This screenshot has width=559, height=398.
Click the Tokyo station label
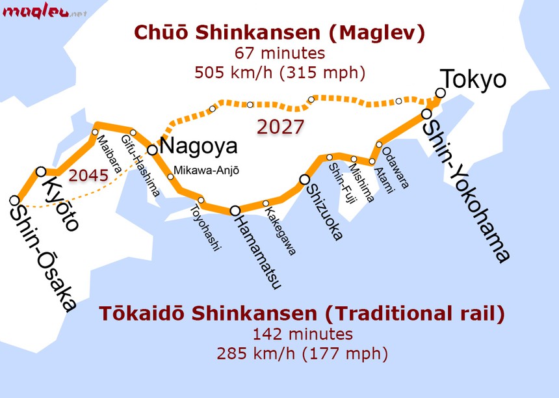coord(474,79)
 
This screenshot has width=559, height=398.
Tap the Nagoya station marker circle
coord(152,150)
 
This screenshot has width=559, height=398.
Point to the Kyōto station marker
coord(41,171)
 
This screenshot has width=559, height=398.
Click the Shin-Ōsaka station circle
coord(14,200)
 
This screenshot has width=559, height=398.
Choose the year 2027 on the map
coord(280,127)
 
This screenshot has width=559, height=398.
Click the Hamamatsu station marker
coord(235,210)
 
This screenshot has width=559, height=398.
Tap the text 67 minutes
coord(279,53)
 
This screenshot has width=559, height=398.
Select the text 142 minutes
coord(302,334)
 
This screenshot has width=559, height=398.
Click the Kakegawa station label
coord(281,232)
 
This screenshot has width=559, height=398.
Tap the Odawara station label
coord(396,168)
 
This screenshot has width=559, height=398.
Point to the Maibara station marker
coord(95,132)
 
